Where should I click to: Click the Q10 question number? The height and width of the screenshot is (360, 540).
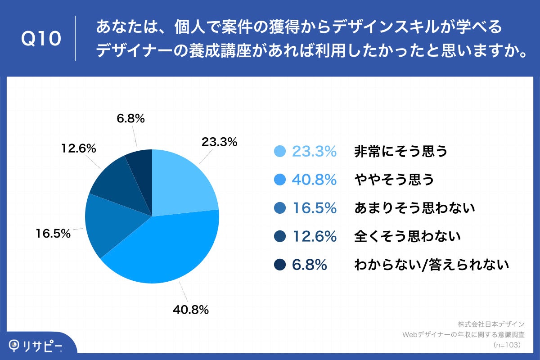[41, 39]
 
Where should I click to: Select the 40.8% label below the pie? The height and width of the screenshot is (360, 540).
[191, 309]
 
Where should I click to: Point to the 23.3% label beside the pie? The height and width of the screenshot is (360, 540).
[219, 142]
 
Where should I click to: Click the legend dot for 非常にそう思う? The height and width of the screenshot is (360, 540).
[279, 152]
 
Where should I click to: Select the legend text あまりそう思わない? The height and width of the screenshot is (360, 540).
[414, 208]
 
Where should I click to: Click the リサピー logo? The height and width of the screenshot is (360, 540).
[36, 346]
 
